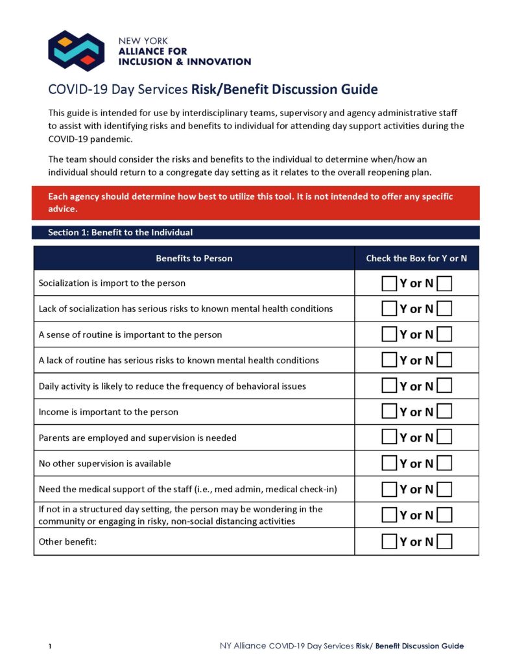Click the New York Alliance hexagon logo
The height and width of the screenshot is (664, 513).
click(x=77, y=51)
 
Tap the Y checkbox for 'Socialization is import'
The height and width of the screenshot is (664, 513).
click(x=388, y=283)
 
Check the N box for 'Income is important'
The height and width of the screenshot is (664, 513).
click(x=445, y=412)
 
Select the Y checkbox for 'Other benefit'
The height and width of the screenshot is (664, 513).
click(x=388, y=541)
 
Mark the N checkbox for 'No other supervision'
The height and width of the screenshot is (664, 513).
click(x=445, y=464)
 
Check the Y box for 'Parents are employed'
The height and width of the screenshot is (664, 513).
click(x=388, y=438)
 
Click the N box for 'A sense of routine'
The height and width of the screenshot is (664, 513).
click(x=445, y=335)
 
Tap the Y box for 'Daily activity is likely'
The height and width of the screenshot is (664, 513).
click(x=388, y=386)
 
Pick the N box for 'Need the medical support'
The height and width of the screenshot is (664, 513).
click(x=445, y=490)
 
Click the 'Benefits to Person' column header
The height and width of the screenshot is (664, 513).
click(x=194, y=258)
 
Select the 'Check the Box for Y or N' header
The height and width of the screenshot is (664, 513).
click(x=416, y=258)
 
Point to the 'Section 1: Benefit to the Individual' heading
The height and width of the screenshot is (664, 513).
click(x=120, y=232)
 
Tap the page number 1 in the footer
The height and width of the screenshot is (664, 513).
click(x=49, y=646)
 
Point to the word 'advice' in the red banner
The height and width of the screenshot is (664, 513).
click(x=62, y=209)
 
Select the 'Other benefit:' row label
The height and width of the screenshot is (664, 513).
click(x=67, y=541)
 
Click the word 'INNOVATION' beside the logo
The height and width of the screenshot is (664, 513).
click(x=219, y=62)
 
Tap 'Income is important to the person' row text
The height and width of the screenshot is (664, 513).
click(x=108, y=412)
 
